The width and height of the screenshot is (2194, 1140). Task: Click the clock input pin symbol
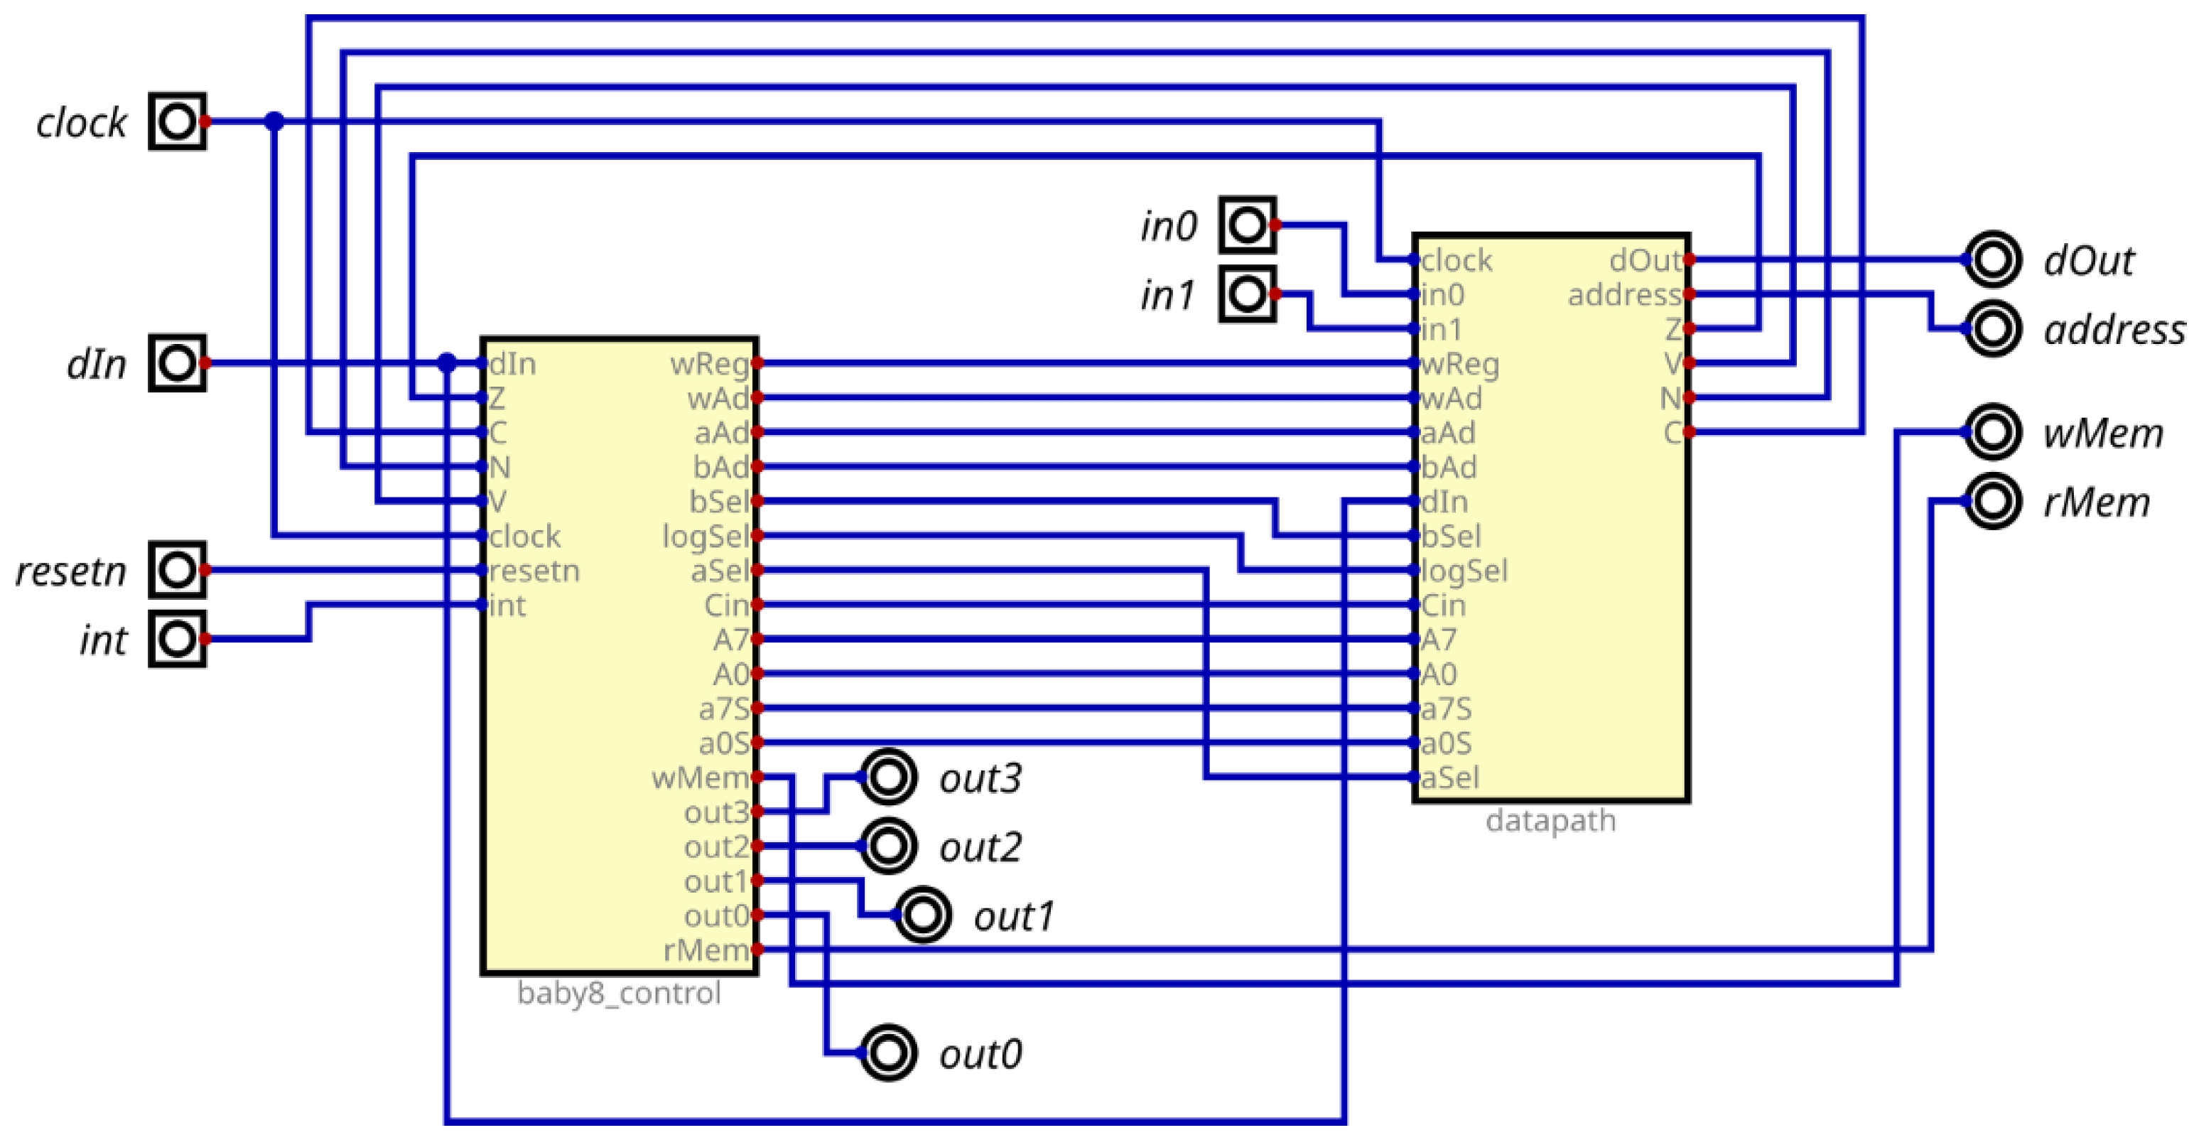177,122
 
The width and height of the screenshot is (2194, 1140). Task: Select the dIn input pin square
177,364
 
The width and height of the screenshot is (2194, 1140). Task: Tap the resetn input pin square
177,570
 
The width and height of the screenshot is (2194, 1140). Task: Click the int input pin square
177,639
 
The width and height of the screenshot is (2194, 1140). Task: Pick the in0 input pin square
1247,225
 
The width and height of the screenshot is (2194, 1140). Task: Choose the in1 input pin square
1247,294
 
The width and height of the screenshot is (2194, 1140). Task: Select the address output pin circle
1992,328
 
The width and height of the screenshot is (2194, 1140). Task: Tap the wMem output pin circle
1992,432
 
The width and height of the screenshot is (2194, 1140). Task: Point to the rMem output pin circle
1992,501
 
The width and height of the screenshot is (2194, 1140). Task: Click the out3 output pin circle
887,777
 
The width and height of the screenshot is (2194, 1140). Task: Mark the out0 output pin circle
887,1053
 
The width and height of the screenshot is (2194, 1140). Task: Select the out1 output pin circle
922,915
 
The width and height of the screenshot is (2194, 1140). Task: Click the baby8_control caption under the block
618,994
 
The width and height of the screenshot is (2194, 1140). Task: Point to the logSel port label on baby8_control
706,536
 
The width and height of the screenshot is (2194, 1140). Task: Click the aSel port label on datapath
1449,777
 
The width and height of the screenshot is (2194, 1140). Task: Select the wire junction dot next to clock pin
274,122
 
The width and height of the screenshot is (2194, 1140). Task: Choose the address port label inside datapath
1623,295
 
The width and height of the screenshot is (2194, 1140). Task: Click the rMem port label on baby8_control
706,950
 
